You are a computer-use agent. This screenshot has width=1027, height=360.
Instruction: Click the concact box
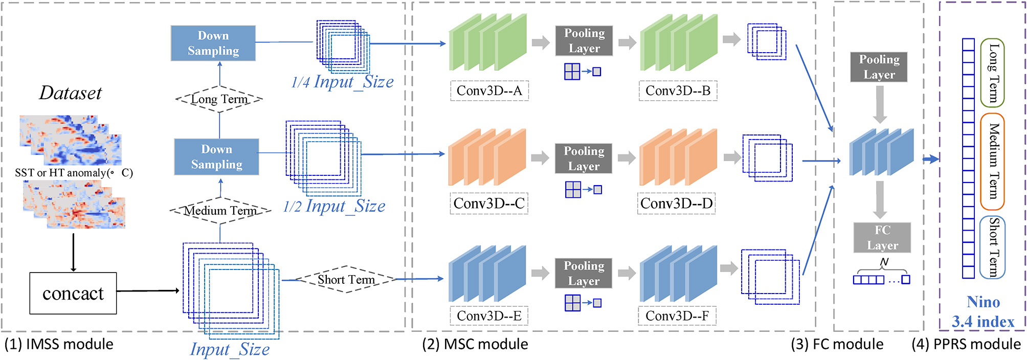73,293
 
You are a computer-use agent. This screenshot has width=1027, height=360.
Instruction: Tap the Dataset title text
71,93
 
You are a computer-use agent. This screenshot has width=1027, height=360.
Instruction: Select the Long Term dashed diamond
219,99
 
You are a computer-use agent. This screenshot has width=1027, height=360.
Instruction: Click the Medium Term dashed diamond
220,210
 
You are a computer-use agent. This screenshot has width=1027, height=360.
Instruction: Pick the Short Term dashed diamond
346,279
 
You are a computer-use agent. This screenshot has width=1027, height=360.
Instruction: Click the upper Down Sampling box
213,43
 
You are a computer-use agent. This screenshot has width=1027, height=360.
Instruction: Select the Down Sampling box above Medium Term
216,156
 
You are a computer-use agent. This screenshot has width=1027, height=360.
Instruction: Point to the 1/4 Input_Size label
342,81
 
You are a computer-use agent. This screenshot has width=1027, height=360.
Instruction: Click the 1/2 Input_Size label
334,206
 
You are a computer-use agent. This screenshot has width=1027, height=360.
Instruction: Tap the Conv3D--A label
489,91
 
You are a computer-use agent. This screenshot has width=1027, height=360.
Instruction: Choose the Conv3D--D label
676,204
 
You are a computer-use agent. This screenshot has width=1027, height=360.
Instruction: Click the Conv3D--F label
677,316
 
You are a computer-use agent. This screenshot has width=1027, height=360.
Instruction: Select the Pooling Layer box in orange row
584,159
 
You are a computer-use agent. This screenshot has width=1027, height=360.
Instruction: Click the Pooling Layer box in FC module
879,67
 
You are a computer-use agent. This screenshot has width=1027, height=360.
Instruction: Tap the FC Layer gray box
882,237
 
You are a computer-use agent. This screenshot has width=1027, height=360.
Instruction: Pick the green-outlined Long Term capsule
992,73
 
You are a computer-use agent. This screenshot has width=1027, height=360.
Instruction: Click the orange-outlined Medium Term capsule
992,161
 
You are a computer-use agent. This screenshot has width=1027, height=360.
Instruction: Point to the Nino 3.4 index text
983,311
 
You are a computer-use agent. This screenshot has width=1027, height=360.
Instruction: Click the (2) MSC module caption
475,344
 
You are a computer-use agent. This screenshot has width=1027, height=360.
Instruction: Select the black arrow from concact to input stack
148,290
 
